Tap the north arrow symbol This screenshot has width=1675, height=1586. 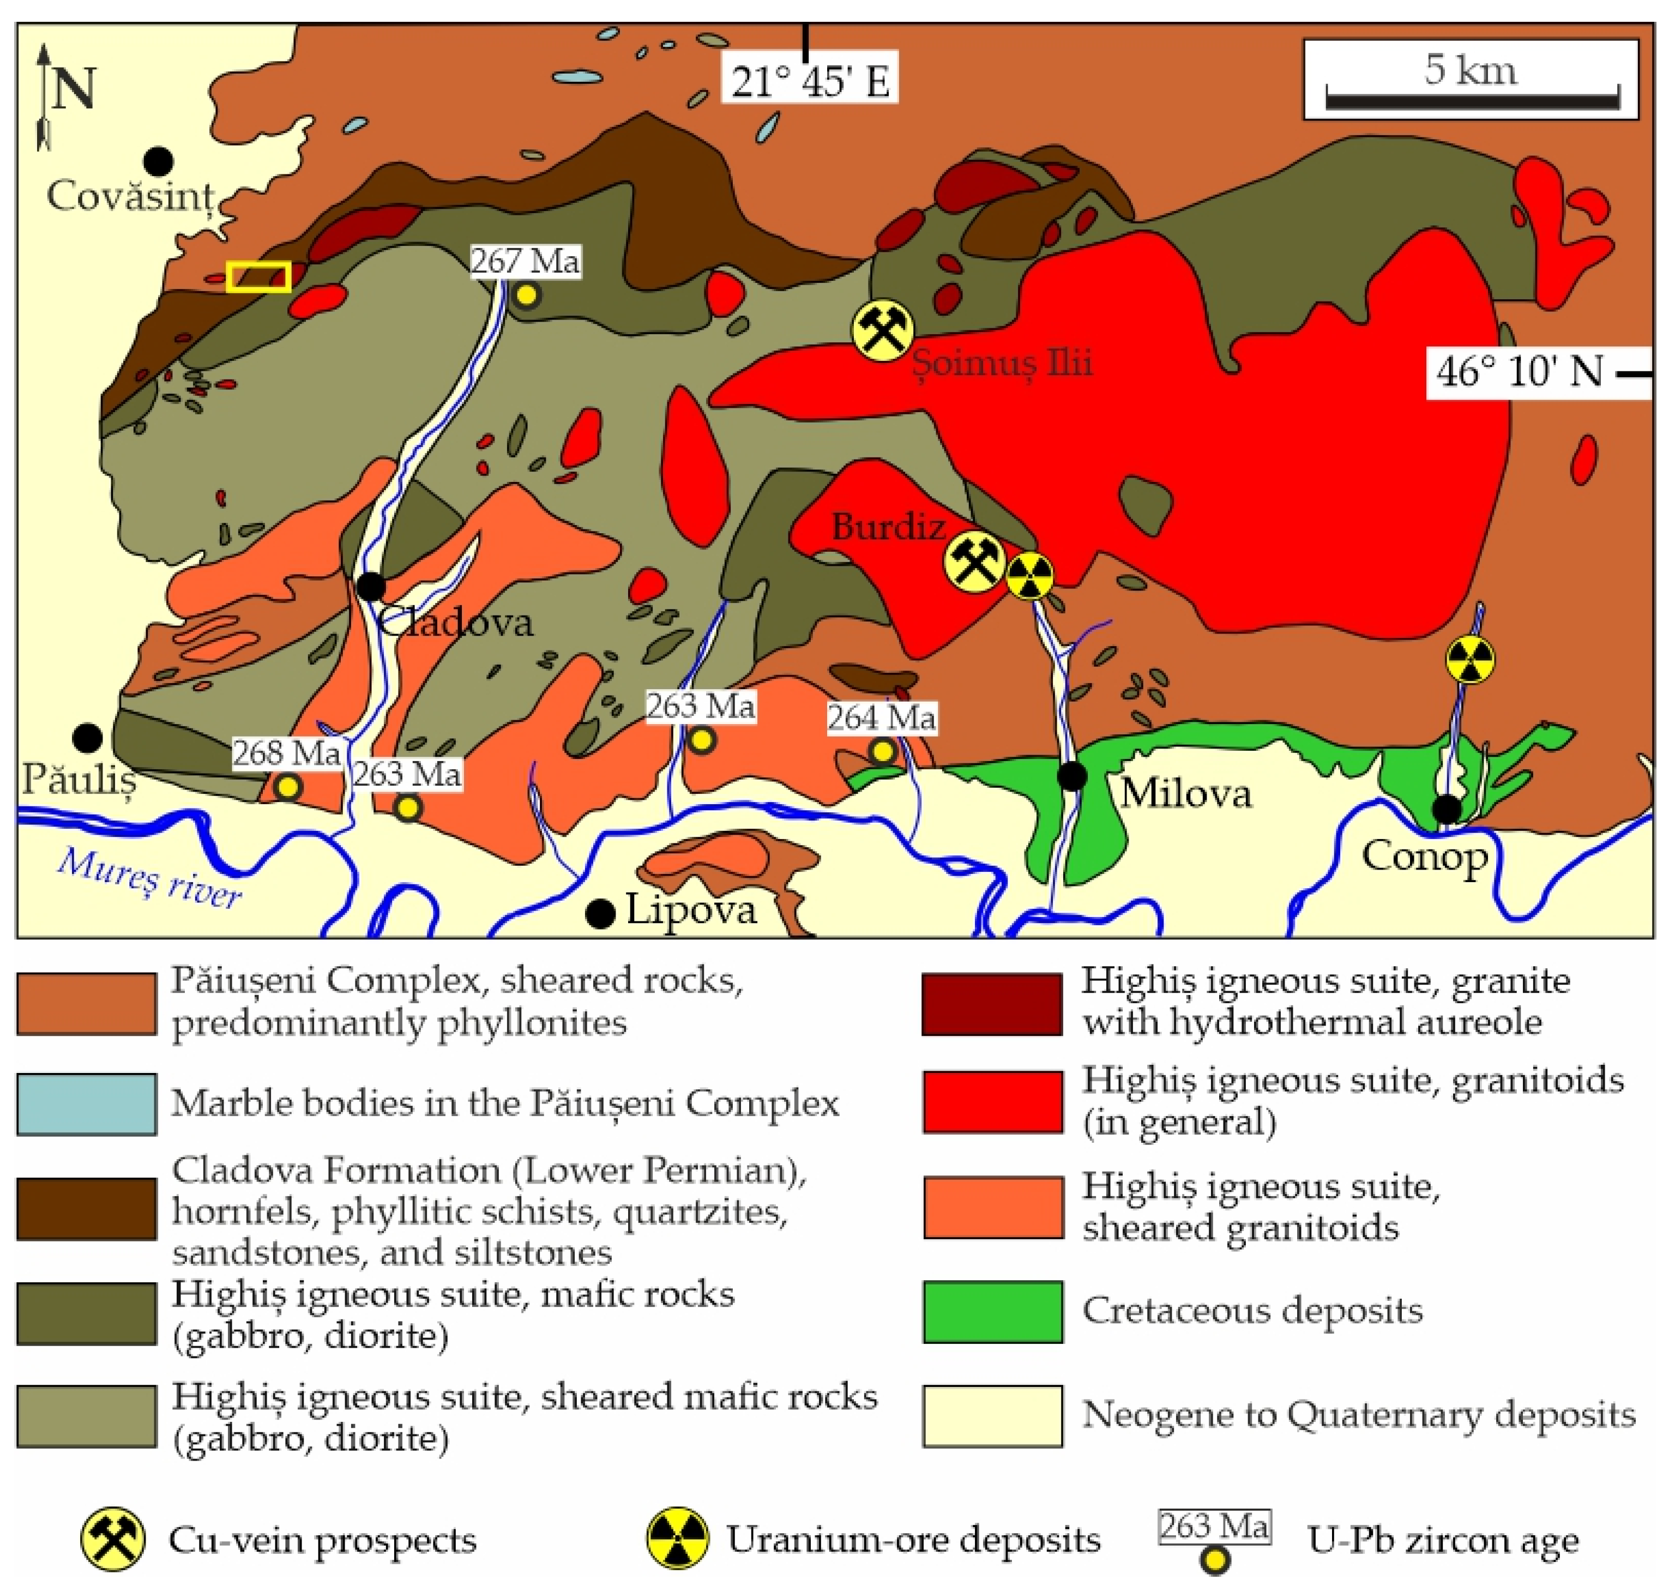tap(44, 97)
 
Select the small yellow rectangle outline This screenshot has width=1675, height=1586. tap(259, 276)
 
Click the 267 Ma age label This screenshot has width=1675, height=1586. tap(525, 261)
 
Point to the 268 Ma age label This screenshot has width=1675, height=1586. tap(287, 752)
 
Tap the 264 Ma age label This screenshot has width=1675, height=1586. tap(881, 717)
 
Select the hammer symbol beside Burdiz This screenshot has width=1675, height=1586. tap(974, 562)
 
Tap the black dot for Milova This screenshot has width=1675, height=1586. tap(1072, 775)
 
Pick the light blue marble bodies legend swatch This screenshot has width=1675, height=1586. tap(86, 1103)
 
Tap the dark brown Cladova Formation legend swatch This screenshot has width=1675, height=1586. tap(86, 1208)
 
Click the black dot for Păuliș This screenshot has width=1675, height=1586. tap(87, 737)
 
